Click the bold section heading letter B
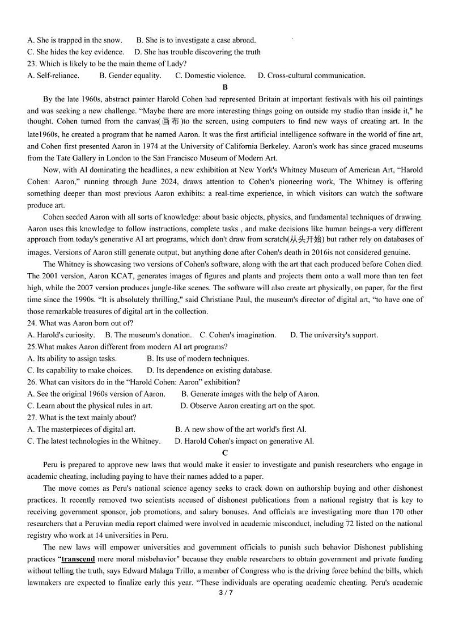coord(225,87)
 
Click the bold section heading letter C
coord(225,452)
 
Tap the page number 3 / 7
coord(226,593)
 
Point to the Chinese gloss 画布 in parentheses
coord(170,122)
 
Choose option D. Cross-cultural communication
coord(311,75)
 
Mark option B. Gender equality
coord(130,75)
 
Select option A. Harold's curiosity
coord(61,335)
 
